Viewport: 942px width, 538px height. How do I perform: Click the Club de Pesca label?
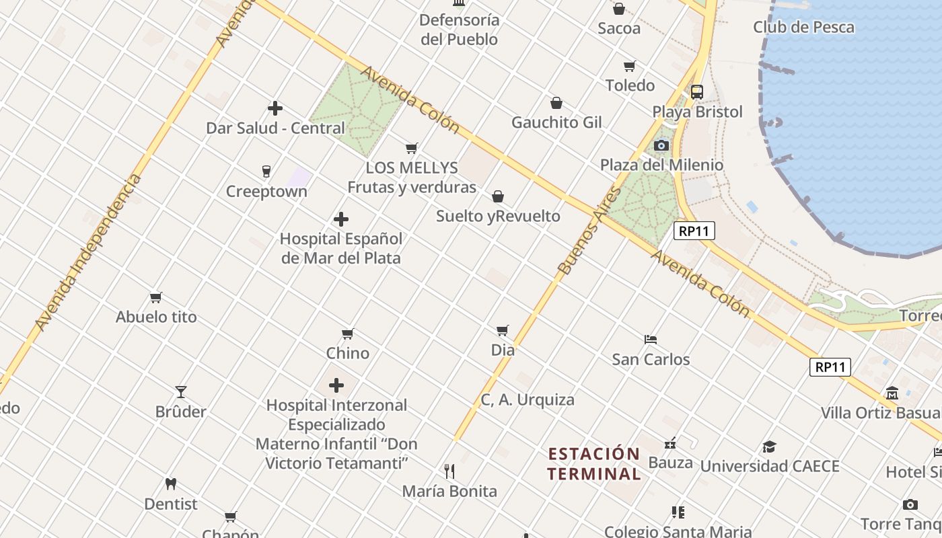[x=803, y=28]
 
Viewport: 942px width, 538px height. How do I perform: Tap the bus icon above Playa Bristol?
[x=697, y=92]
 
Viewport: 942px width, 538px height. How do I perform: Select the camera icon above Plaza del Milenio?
[x=661, y=145]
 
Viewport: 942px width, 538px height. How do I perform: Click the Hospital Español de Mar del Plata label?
[x=341, y=248]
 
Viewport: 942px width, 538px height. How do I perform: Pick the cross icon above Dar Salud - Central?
[x=275, y=108]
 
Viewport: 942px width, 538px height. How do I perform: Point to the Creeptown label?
[x=266, y=192]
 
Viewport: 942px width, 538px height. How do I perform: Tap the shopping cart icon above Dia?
[x=503, y=330]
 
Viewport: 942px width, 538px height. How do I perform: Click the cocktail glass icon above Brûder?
[x=181, y=391]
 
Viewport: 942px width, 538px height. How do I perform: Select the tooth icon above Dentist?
[x=171, y=484]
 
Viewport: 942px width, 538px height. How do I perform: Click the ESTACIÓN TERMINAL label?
[x=593, y=464]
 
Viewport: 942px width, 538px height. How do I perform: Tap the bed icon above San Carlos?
[x=651, y=339]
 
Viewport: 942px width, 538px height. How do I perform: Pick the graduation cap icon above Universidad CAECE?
[x=769, y=447]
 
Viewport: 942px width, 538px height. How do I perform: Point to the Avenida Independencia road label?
[x=88, y=252]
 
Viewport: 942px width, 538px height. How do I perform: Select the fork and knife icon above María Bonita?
[x=449, y=471]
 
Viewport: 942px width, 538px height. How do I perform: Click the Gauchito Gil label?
[x=556, y=122]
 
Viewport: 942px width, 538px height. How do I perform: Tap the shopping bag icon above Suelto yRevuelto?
[x=498, y=196]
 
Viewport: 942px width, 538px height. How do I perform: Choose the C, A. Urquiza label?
[x=528, y=400]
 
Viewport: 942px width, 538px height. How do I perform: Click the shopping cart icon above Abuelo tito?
[x=156, y=297]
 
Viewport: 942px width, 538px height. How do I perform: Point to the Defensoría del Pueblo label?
[x=460, y=30]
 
